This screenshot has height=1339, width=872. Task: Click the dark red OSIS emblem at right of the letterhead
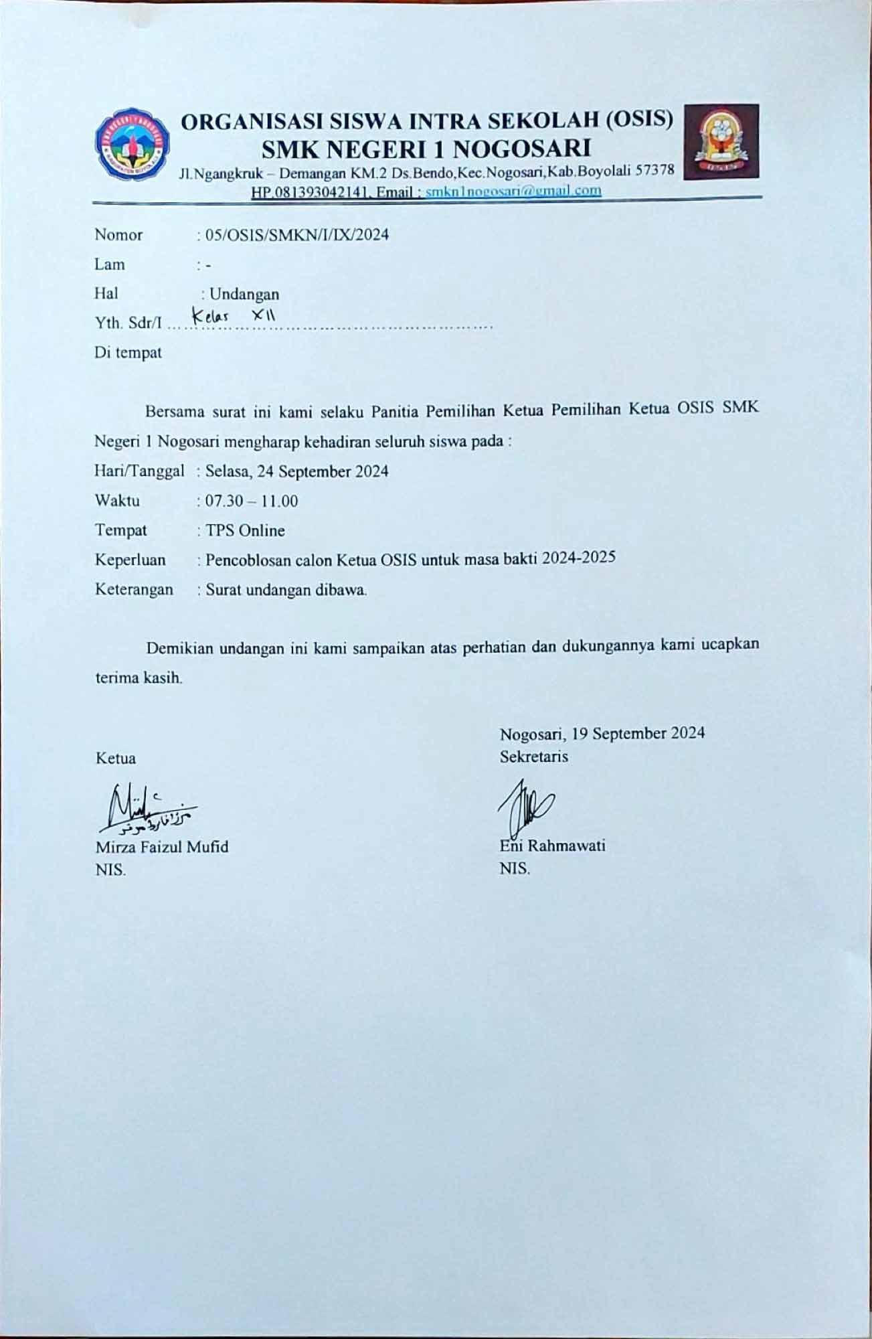[720, 141]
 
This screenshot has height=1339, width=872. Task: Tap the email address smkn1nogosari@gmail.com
[513, 191]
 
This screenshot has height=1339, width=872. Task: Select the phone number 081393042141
[309, 192]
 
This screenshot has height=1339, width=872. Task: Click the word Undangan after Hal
[244, 294]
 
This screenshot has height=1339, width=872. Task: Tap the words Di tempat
[128, 353]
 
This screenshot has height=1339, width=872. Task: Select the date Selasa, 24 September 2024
[296, 471]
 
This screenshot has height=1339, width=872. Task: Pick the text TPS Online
[245, 530]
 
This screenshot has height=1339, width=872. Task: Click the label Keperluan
[130, 560]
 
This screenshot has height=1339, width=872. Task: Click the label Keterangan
[134, 589]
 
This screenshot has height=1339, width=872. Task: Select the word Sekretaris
[533, 757]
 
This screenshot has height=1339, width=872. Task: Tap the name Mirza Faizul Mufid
[162, 847]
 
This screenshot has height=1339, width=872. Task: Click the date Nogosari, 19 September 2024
[602, 733]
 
